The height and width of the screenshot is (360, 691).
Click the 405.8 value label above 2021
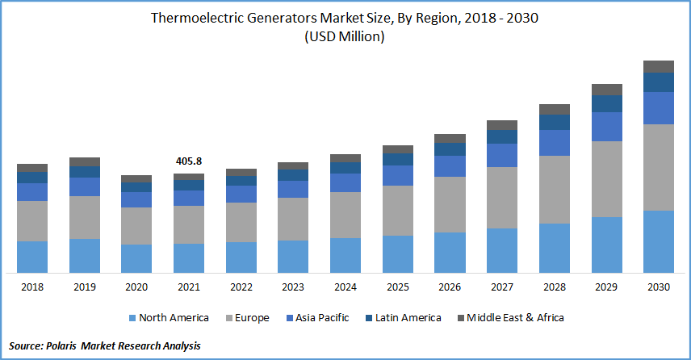click(189, 161)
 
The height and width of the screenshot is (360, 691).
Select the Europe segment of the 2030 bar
click(659, 167)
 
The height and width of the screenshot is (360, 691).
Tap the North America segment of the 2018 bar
click(32, 257)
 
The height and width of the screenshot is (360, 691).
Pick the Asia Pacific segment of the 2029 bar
click(607, 127)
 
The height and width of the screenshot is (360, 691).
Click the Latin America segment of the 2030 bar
click(659, 82)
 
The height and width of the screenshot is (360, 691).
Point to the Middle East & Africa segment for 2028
click(555, 109)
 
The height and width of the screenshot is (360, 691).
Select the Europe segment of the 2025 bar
click(398, 210)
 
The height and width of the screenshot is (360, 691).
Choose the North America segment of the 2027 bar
click(502, 250)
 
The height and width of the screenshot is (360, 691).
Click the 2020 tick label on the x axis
click(136, 287)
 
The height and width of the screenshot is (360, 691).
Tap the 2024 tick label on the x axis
click(345, 287)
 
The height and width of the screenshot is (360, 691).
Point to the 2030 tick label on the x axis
click(659, 287)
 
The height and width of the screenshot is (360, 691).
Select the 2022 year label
click(241, 287)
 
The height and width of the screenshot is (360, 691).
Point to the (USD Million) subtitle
click(345, 37)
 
